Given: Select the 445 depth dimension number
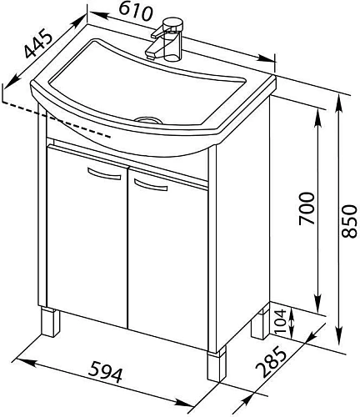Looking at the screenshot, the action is click(x=38, y=45).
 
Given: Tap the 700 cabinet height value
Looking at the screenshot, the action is click(x=307, y=208).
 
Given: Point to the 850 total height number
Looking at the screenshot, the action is click(x=349, y=221).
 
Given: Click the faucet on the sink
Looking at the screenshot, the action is click(x=165, y=39).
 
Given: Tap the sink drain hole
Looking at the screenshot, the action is click(x=148, y=120).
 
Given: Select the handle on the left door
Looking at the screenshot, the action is click(x=104, y=173).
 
